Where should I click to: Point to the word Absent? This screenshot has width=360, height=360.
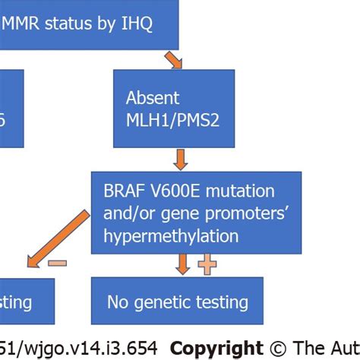(153, 98)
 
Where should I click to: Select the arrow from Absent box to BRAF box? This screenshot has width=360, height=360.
(180, 159)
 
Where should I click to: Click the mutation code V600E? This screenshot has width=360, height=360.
(177, 191)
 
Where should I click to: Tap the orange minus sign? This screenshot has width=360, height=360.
(57, 264)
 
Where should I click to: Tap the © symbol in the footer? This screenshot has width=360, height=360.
(279, 348)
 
